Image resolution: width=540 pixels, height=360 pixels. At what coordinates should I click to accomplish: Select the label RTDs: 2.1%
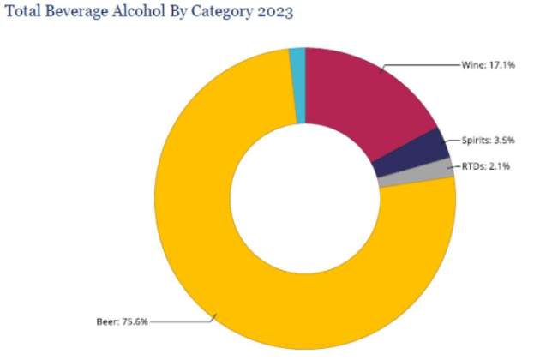(x=484, y=166)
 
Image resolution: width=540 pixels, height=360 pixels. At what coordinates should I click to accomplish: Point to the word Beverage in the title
(x=77, y=15)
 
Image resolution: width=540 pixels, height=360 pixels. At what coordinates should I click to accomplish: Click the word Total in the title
(x=24, y=15)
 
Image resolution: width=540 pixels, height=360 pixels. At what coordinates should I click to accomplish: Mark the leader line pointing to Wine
(x=420, y=64)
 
